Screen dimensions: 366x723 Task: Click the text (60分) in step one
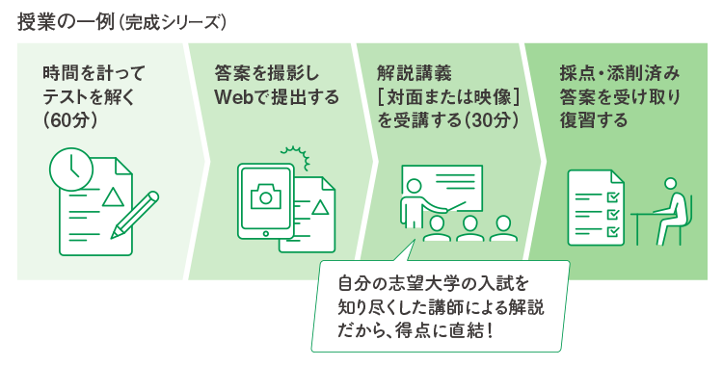click(67, 120)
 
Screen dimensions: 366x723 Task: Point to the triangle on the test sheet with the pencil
click(113, 197)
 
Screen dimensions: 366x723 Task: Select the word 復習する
click(593, 120)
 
